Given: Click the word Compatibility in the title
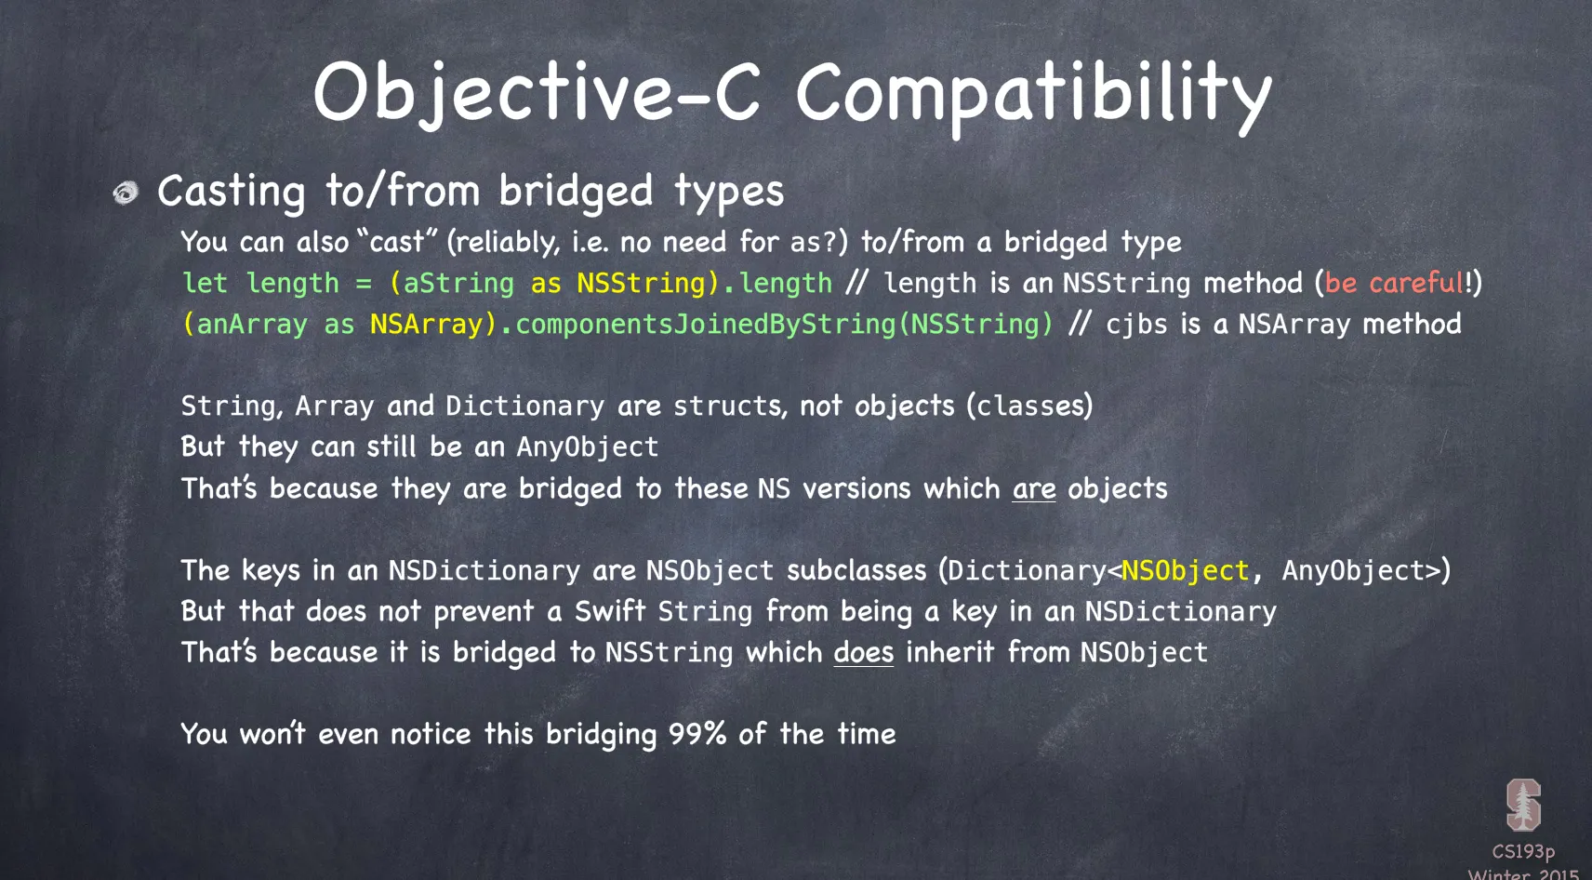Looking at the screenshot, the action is click(1034, 95).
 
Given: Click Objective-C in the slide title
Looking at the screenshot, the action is click(537, 92).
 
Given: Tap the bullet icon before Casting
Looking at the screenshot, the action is click(126, 193).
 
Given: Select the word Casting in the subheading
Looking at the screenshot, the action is click(232, 192).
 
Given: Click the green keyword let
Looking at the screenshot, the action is click(205, 283).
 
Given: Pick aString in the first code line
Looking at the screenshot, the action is click(458, 284).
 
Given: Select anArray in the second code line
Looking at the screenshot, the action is click(252, 325).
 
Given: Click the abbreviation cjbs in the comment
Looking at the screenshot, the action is click(1136, 325).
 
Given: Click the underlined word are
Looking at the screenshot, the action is click(1034, 489).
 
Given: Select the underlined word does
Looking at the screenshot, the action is click(864, 652).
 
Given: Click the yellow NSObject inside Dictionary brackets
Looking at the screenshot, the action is click(1185, 571).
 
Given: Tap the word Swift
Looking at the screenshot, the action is click(610, 611).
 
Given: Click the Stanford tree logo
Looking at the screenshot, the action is click(1523, 805).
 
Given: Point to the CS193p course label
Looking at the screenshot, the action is click(1523, 851).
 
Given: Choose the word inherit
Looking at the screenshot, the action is click(950, 652).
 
